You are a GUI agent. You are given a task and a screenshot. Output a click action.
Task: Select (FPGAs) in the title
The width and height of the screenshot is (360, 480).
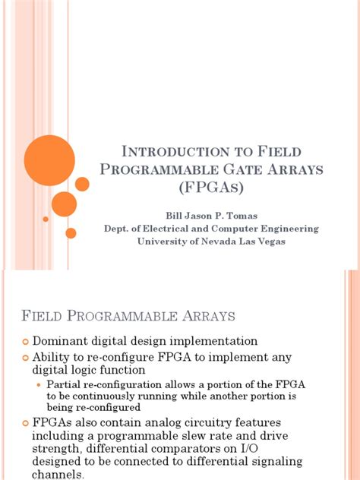point(216,188)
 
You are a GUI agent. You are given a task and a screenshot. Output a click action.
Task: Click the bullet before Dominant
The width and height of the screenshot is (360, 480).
point(24,342)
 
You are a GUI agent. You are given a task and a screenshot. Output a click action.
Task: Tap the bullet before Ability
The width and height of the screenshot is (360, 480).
point(24,357)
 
